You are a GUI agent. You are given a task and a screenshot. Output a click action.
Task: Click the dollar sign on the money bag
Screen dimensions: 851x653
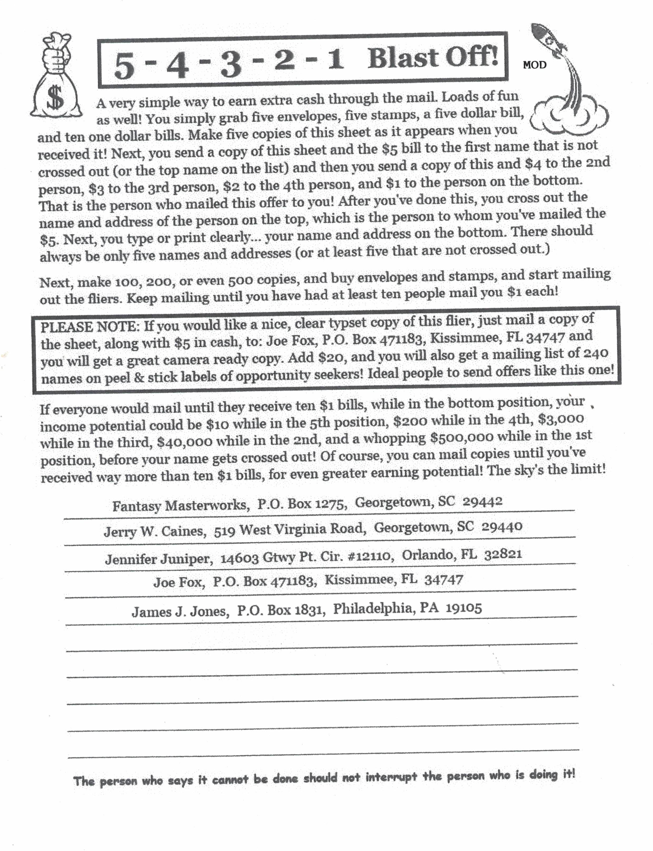[56, 98]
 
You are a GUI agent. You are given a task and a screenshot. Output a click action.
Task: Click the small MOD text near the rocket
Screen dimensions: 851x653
[534, 65]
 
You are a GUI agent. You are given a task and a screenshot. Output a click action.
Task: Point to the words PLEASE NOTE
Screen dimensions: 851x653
[89, 327]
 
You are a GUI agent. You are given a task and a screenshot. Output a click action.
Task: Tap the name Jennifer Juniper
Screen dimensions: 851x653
[159, 559]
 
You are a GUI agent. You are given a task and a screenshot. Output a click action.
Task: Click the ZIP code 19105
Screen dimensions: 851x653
[464, 607]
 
